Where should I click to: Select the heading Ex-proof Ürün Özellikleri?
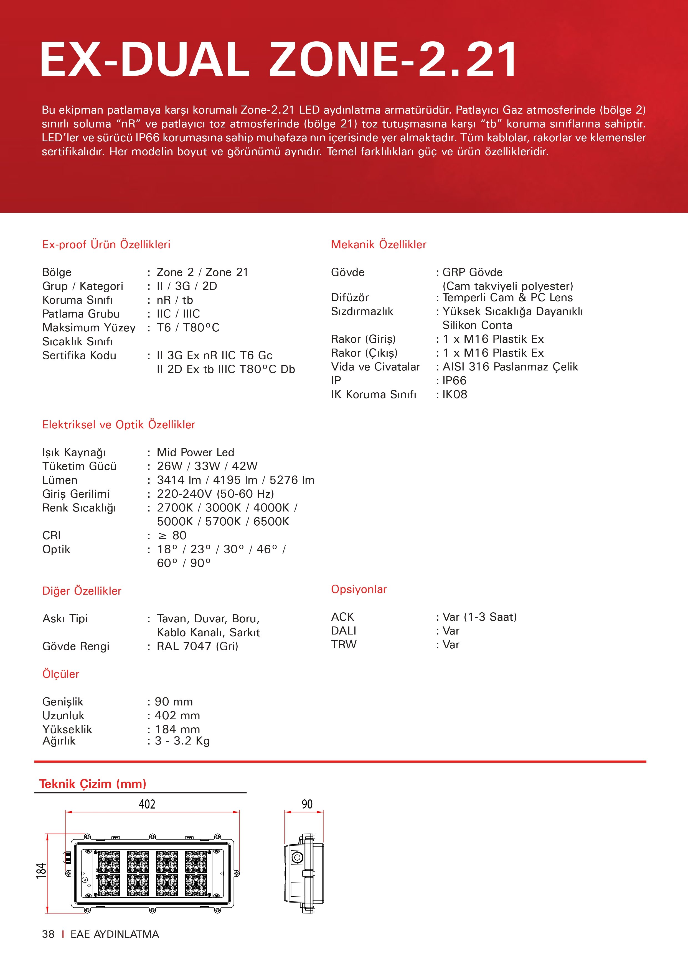point(106,244)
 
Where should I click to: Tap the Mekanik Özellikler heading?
point(378,244)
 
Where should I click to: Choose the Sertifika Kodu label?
point(79,355)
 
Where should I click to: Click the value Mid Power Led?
point(195,452)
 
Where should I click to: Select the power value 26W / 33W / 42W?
point(207,466)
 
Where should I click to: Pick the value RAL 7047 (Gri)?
point(197,646)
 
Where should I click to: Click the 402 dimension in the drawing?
point(147,804)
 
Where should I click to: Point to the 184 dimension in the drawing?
point(41,871)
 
